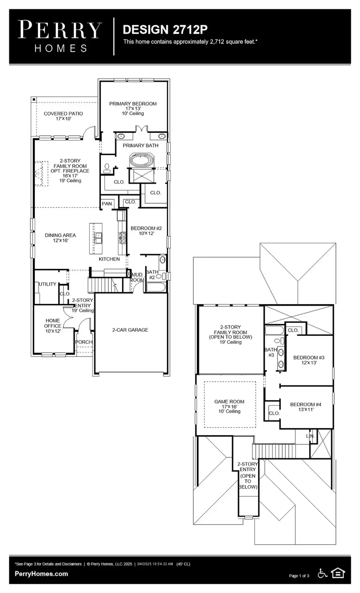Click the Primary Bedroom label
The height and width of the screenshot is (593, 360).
[133, 104]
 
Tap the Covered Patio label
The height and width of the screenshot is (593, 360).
[63, 114]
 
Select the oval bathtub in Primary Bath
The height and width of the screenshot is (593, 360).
[140, 162]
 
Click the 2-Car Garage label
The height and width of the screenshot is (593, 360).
[130, 330]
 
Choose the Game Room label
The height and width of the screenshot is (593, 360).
[229, 402]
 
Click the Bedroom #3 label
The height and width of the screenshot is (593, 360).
[308, 357]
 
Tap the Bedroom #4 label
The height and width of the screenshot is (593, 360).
[306, 404]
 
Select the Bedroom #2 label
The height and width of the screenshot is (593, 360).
[146, 228]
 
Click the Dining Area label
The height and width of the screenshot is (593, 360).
[60, 236]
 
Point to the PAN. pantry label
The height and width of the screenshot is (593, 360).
[107, 204]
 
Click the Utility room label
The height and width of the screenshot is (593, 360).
[47, 284]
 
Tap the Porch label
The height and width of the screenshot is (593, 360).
[84, 342]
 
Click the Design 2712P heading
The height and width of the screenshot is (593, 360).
[165, 30]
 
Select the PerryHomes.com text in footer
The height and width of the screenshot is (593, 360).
[41, 574]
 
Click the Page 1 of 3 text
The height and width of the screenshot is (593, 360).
[299, 576]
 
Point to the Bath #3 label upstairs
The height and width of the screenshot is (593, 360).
[271, 352]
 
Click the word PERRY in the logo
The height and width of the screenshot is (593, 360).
[60, 30]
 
